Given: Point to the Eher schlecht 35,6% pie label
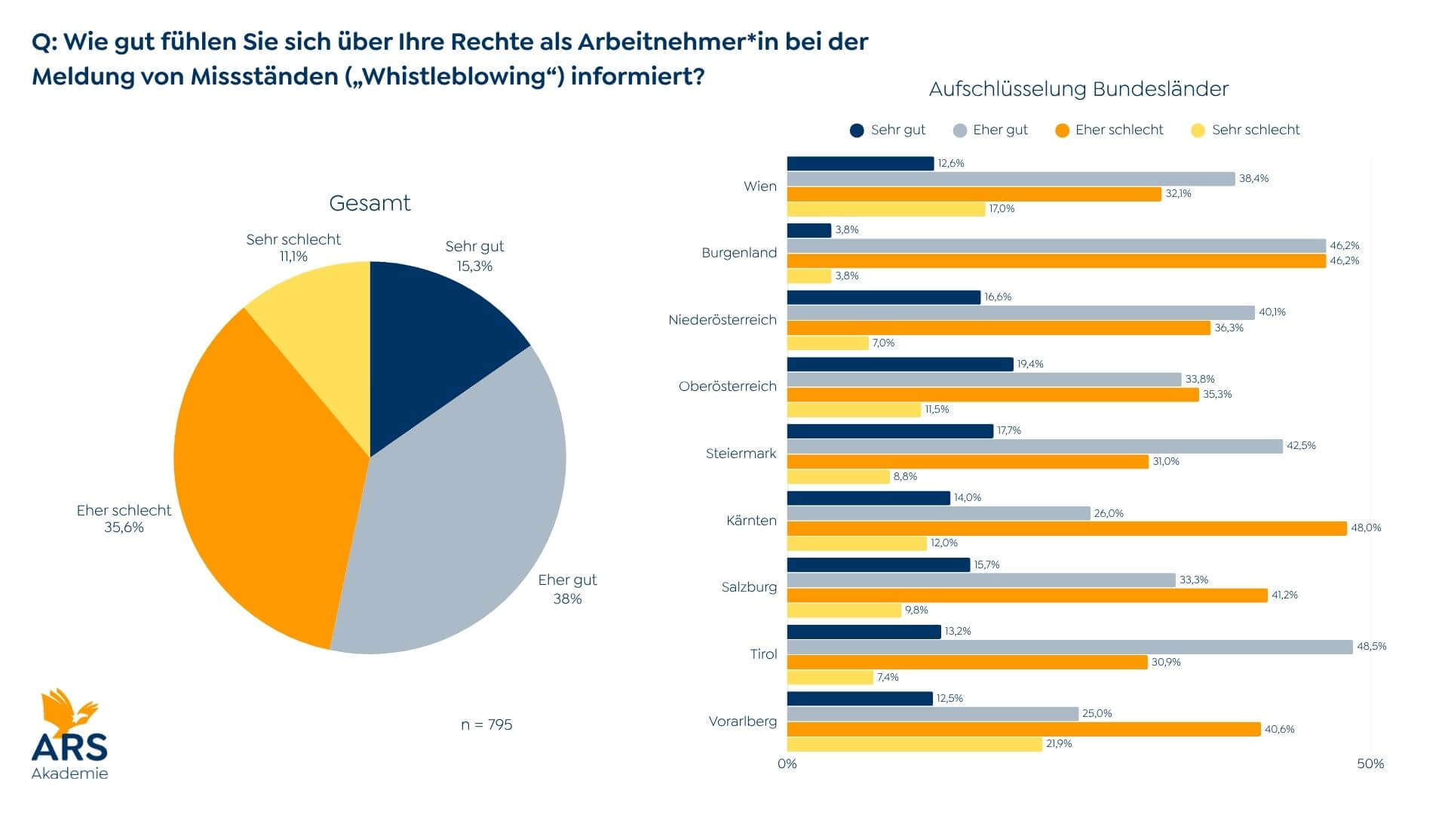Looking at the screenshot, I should [x=124, y=519].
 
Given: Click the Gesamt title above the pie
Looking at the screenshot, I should [x=370, y=203].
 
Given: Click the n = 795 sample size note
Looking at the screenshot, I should [x=486, y=724].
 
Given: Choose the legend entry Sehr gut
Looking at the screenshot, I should [x=888, y=130].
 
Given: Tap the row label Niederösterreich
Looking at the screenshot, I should [x=722, y=320].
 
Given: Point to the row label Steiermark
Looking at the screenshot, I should [x=741, y=454].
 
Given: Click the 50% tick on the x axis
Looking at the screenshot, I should [x=1370, y=764].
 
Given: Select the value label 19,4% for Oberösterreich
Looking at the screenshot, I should [x=1029, y=364].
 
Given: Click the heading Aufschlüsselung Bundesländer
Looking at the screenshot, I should [x=1078, y=89].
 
